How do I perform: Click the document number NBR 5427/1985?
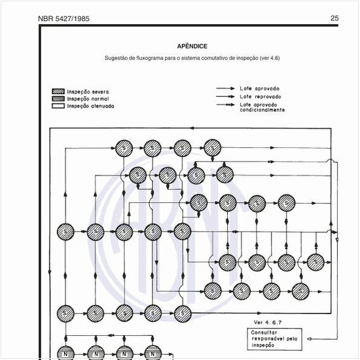[64, 18]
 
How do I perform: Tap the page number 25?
[334, 18]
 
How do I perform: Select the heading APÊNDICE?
[192, 46]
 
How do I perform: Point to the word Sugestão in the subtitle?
[118, 59]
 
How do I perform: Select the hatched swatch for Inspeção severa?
[58, 92]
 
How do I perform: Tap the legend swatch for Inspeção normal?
[58, 99]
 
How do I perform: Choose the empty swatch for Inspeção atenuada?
[58, 105]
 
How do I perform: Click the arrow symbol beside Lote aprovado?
[226, 88]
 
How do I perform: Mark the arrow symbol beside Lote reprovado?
[226, 96]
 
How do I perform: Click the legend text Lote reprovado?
[261, 96]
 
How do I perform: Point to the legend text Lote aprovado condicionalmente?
[262, 107]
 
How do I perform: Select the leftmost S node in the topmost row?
[124, 149]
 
